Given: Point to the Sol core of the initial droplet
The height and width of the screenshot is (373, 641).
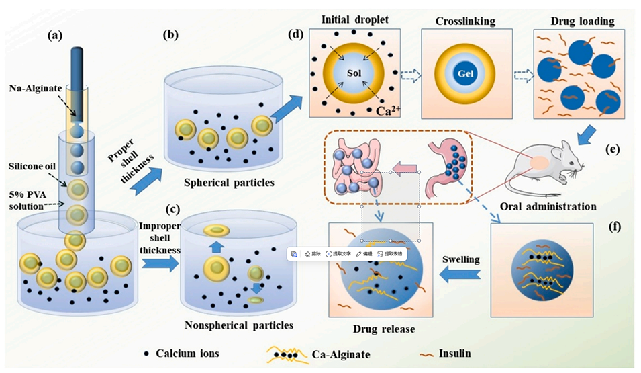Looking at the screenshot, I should click(x=354, y=71).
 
